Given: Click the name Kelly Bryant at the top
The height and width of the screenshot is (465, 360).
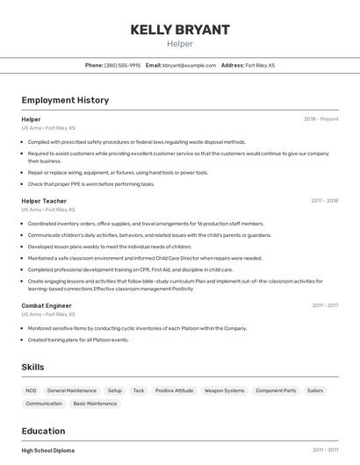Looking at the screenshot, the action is click(x=180, y=29).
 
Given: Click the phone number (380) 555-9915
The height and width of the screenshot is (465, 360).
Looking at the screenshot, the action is click(x=122, y=65).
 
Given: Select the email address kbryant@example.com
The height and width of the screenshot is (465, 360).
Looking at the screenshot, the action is click(x=189, y=65).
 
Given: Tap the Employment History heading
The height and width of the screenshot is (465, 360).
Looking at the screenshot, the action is click(x=65, y=100).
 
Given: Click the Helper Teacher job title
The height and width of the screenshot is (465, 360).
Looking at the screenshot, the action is click(x=44, y=201).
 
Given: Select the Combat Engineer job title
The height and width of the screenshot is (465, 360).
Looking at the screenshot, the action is click(x=46, y=305).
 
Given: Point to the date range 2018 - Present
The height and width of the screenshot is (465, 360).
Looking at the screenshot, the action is click(x=320, y=118).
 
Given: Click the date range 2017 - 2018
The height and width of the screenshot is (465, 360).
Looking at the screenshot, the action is click(x=324, y=201).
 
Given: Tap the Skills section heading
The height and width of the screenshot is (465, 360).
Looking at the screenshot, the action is click(x=33, y=367).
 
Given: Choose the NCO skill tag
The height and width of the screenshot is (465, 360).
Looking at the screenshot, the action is click(x=32, y=390).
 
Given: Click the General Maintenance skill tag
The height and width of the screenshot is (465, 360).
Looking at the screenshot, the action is click(x=72, y=390).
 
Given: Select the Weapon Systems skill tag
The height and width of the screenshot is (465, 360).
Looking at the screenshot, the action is click(x=224, y=390).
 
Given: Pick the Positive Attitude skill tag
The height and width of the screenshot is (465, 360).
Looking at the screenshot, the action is click(x=174, y=390).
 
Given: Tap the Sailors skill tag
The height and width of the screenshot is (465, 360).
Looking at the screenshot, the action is click(x=315, y=390).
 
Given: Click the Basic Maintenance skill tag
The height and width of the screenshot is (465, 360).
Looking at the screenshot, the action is click(x=95, y=404).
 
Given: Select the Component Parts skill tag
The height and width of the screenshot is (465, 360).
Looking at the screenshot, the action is click(x=276, y=390).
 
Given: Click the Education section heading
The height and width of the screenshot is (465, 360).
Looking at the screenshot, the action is click(x=43, y=431).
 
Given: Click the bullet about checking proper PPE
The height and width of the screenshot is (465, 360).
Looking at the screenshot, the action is click(x=91, y=184).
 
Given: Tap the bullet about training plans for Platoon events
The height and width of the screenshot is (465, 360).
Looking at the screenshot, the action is click(x=78, y=340).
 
